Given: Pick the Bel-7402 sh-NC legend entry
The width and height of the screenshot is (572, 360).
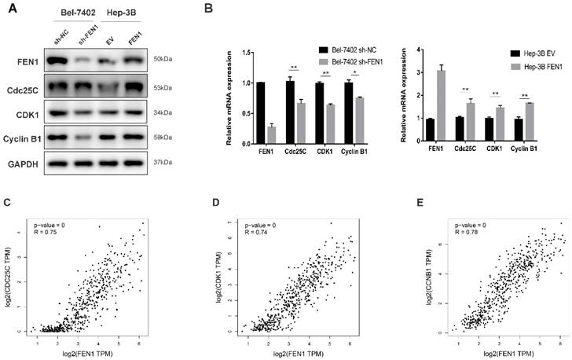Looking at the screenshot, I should pyautogui.click(x=354, y=49).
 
